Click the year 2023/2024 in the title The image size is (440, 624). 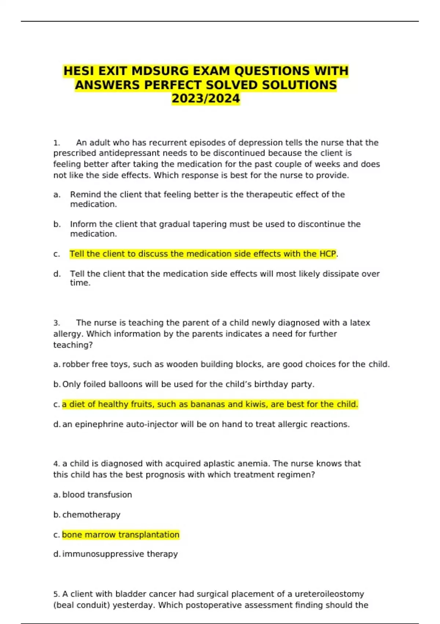[x=206, y=99]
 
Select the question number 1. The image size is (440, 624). [x=56, y=143]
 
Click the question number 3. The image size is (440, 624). [x=56, y=323]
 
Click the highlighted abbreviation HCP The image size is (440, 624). [x=327, y=254]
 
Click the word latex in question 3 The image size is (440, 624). [x=360, y=323]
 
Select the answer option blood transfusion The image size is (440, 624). [x=97, y=495]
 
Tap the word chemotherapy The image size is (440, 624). [x=91, y=515]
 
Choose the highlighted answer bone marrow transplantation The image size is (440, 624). [x=121, y=535]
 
